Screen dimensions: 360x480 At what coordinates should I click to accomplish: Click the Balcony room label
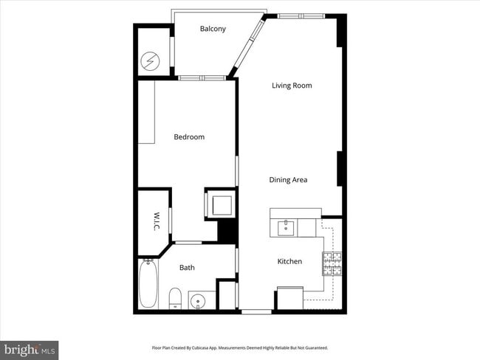click(213, 29)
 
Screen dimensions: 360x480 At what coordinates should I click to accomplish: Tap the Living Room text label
click(292, 86)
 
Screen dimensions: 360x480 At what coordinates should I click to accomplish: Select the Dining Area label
click(288, 179)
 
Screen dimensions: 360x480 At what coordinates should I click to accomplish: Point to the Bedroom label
click(189, 136)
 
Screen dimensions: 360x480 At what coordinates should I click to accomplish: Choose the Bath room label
click(187, 267)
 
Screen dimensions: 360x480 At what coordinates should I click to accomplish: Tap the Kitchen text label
click(289, 261)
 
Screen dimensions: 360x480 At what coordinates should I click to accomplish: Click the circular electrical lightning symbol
click(151, 60)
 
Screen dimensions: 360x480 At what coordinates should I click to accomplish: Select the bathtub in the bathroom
click(148, 285)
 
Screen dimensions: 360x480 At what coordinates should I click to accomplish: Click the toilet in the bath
click(175, 299)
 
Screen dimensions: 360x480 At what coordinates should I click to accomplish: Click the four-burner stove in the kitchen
click(332, 263)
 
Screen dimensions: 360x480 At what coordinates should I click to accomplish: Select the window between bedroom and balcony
click(202, 77)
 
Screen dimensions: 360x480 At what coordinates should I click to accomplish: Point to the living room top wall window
click(301, 15)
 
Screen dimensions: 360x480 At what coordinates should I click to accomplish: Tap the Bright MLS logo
click(30, 348)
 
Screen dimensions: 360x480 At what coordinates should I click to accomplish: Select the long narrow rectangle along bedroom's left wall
click(145, 112)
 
